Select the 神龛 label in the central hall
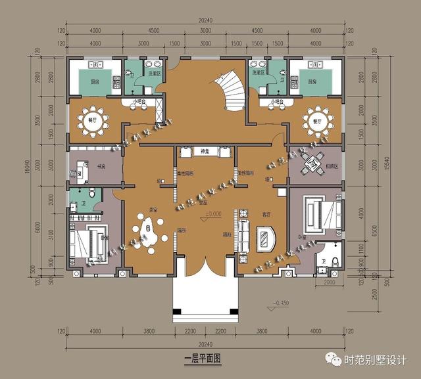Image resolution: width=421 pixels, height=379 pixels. point(205,151)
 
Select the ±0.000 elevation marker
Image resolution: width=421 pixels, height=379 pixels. point(212,214)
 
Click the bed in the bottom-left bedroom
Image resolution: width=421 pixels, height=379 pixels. point(88,242)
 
